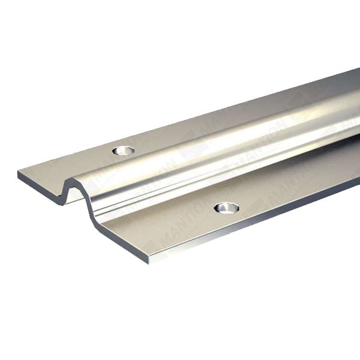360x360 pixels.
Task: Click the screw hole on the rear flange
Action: pos(125,149)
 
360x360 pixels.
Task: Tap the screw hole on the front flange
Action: pos(224,208)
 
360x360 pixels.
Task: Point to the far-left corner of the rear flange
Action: pos(19,172)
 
